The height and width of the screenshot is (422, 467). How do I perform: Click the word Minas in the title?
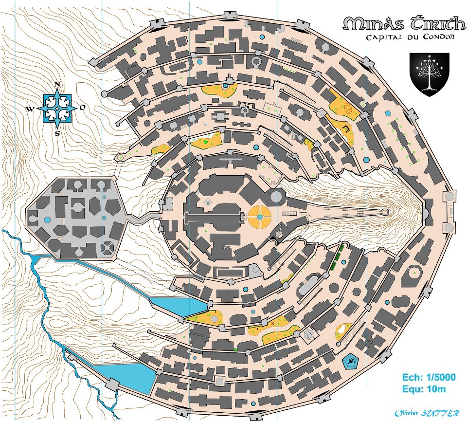coord(368,24)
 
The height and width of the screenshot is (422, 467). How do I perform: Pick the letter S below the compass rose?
coord(57,133)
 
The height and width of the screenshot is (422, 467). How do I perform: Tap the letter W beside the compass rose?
coord(30,109)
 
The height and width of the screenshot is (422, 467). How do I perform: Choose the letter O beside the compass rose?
coord(83,108)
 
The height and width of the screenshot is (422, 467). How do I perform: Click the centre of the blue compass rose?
coord(57,109)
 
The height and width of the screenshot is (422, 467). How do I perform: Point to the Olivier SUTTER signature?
coord(427,413)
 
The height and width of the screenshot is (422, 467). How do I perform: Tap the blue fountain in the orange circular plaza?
coord(260,217)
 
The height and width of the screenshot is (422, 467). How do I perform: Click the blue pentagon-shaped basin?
coord(350,361)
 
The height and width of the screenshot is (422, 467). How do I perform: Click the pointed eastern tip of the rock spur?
coord(386,212)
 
